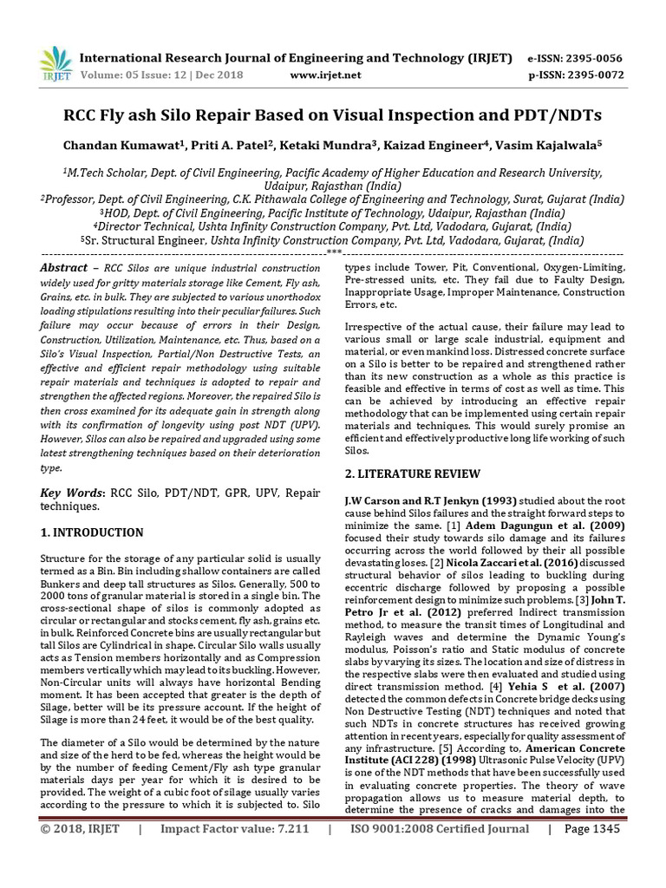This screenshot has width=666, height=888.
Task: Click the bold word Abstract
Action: (x=64, y=268)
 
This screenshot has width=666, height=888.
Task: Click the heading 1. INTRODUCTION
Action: (x=93, y=532)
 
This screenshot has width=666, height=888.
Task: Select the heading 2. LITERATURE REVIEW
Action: (x=412, y=473)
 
